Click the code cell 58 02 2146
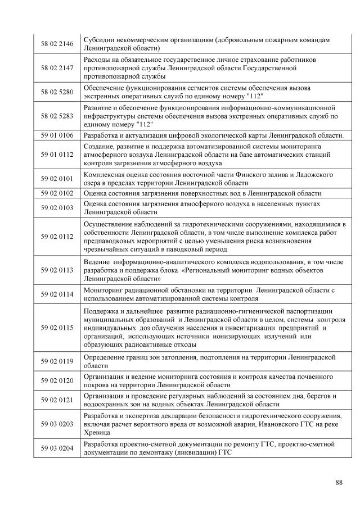pos(57,43)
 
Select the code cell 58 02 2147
pos(57,67)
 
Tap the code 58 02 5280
pos(57,92)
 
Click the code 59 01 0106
pos(57,135)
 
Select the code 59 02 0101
pos(57,178)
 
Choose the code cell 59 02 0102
pos(57,193)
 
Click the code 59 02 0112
pos(57,237)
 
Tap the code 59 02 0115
pos(57,328)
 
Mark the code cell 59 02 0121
pos(57,400)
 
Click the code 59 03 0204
pos(57,448)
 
